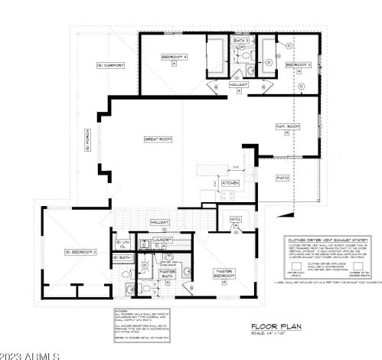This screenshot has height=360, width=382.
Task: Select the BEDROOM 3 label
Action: coord(298,66)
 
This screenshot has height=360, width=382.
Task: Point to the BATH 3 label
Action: coord(242,40)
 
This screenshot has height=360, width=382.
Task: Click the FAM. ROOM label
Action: coord(286,125)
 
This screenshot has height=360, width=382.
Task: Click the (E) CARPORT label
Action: coord(110,66)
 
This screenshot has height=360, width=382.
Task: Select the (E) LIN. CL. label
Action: coord(120,244)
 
